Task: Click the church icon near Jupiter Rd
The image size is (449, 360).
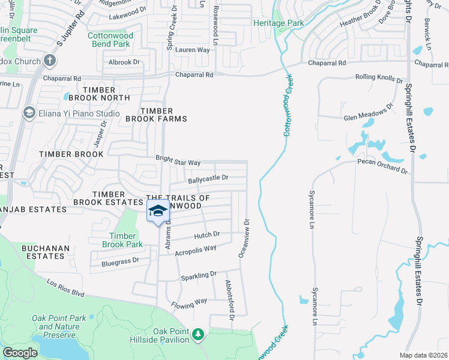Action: point(50,61)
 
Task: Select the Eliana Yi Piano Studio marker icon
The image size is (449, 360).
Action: point(28,113)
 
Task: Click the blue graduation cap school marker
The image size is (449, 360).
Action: point(158,211)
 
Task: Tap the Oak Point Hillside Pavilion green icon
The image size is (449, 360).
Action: point(198,334)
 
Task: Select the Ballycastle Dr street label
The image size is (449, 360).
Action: point(208,178)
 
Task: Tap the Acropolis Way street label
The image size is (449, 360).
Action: point(195,250)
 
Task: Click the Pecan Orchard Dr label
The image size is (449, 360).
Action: point(382,166)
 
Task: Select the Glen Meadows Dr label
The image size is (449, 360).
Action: point(369,112)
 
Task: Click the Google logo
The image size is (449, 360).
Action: point(20,353)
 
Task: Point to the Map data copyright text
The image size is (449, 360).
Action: point(424,355)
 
